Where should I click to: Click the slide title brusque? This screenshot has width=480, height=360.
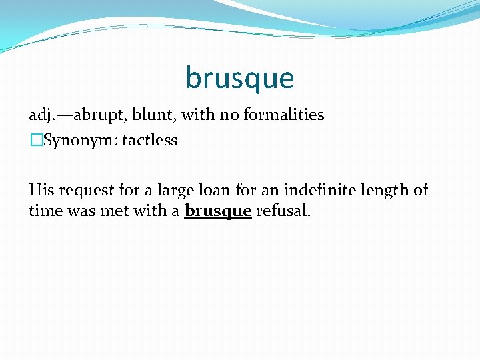pyautogui.click(x=239, y=78)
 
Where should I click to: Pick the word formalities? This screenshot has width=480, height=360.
pyautogui.click(x=284, y=115)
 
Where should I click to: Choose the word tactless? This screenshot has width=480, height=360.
pyautogui.click(x=150, y=140)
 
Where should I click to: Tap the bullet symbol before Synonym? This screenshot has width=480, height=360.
pyautogui.click(x=35, y=141)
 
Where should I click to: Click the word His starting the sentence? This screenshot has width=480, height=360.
pyautogui.click(x=40, y=191)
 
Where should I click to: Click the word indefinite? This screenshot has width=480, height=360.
pyautogui.click(x=319, y=191)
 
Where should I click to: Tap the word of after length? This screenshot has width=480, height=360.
pyautogui.click(x=421, y=191)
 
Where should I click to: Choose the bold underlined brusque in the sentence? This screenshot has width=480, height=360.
pyautogui.click(x=218, y=212)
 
